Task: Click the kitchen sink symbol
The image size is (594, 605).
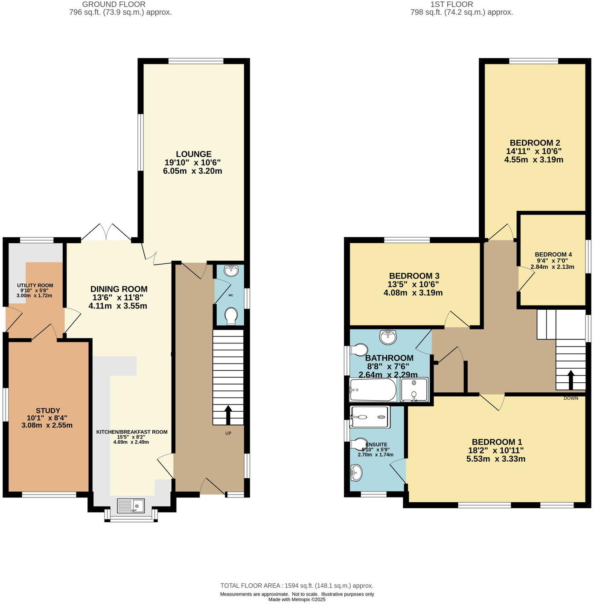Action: [x=131, y=506]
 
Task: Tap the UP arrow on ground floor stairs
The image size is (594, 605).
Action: [x=228, y=414]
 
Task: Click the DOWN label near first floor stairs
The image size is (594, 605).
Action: [x=571, y=398]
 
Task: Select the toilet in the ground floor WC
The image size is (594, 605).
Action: [x=231, y=317]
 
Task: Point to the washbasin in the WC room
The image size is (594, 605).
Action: [x=230, y=270]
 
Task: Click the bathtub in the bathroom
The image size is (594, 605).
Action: [x=373, y=390]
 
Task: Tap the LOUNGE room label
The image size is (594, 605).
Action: [x=194, y=154]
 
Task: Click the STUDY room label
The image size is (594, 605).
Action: [x=48, y=411]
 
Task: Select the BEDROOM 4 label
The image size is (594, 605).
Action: [x=553, y=255]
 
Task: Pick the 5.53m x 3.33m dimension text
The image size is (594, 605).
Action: [x=495, y=459]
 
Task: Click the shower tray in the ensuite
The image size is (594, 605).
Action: [x=370, y=417]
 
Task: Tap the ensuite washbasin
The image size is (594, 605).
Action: [x=356, y=472]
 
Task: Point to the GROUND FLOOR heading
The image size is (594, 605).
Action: [x=114, y=4]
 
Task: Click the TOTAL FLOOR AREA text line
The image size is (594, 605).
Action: [x=297, y=586]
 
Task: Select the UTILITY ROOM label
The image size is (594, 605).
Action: [x=35, y=285]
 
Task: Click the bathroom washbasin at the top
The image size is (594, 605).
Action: [x=388, y=336]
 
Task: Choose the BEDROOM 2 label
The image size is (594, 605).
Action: [x=535, y=143]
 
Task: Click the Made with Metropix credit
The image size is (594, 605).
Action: [x=297, y=599]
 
